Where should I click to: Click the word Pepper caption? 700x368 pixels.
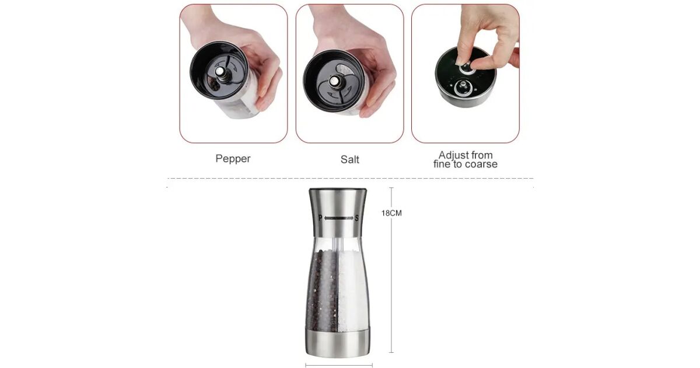pos(233,159)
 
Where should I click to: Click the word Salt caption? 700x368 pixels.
pos(349,159)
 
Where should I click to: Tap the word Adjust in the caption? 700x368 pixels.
pos(450,155)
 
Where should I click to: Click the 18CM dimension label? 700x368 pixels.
pos(391,213)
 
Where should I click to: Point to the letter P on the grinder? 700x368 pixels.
pos(320,218)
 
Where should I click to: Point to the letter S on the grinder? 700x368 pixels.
pos(356,218)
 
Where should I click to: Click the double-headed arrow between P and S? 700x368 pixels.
pos(338,218)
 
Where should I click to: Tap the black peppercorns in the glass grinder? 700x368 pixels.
pos(322,291)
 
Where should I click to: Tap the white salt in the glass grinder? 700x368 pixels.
pos(352,291)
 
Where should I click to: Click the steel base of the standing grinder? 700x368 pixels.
pos(338,343)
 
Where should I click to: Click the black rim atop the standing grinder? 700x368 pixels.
pos(338,190)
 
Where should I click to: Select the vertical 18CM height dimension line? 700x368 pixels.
pos(391,270)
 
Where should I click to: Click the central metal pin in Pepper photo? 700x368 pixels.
pos(220,72)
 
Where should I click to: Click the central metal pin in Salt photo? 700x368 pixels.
pos(335,81)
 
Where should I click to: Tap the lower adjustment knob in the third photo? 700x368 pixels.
pos(463,88)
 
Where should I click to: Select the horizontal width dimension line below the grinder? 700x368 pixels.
pos(339,365)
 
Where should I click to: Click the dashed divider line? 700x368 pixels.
pos(351,178)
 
